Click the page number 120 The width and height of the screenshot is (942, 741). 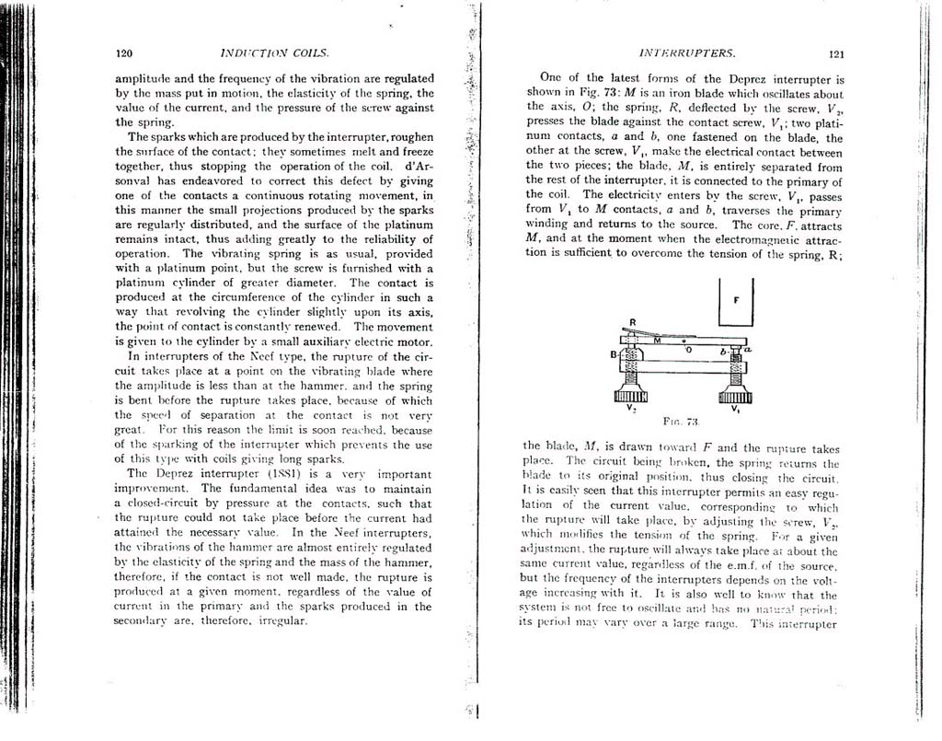124,53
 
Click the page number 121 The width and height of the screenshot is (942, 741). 836,54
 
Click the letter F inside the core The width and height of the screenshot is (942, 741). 737,300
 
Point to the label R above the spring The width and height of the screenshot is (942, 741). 633,322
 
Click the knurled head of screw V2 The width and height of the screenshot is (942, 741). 631,394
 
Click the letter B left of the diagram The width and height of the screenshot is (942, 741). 614,353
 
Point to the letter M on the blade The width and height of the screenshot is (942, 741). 657,340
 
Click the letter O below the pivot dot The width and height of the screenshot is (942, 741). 688,350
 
